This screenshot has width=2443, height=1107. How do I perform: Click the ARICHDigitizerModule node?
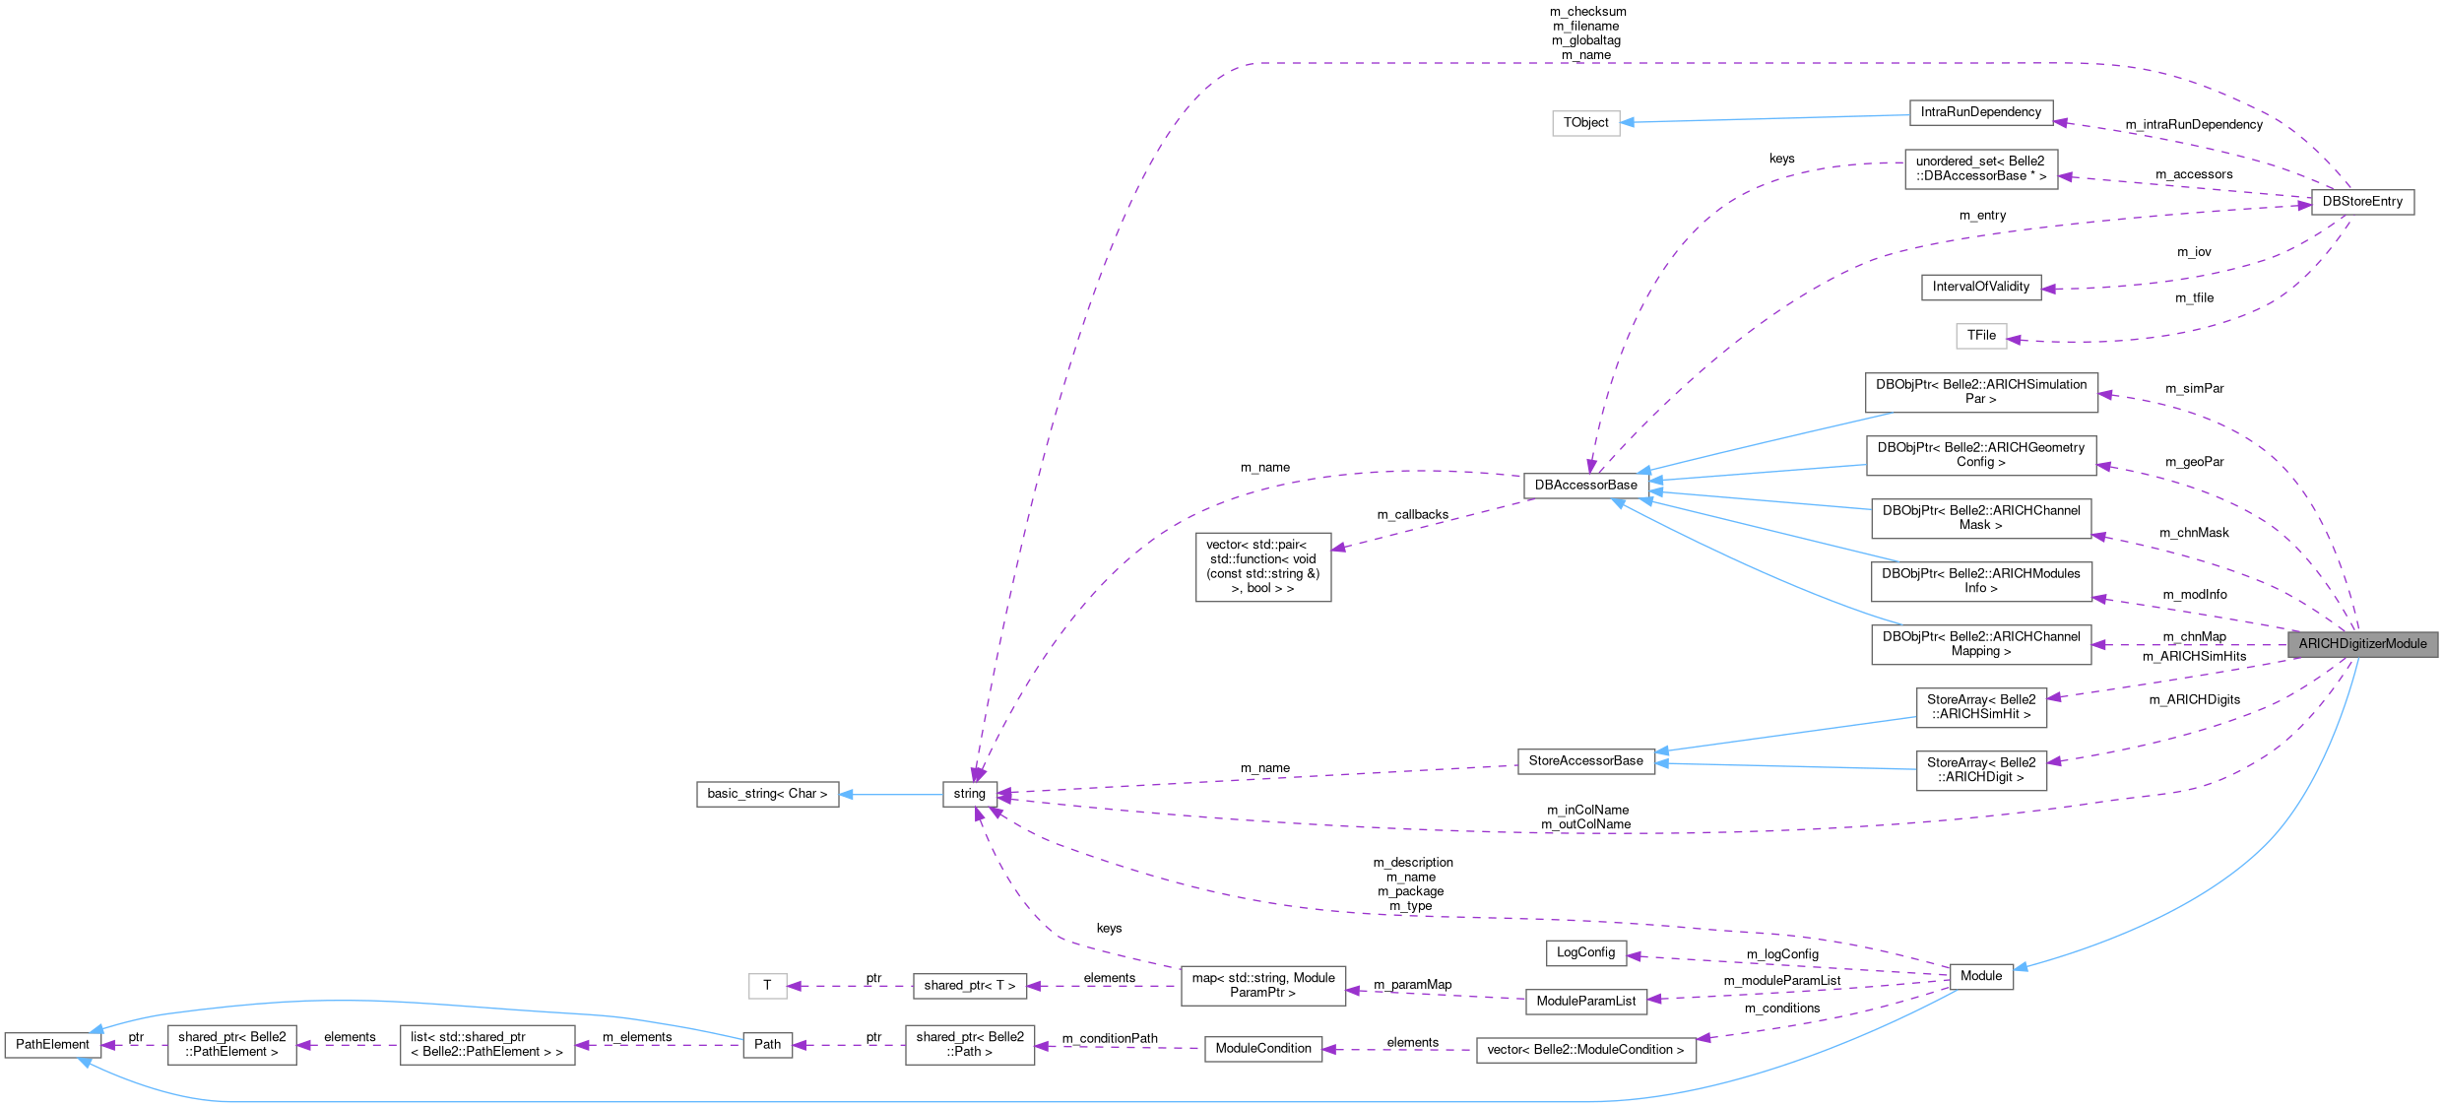2361,644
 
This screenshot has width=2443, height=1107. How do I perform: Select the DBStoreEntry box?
2361,202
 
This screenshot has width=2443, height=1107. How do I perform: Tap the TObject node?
1585,123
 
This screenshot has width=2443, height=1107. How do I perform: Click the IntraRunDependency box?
1980,112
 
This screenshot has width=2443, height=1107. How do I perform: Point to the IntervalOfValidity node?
1980,287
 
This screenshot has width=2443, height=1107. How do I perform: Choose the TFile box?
1980,336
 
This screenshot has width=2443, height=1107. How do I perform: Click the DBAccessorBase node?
1585,485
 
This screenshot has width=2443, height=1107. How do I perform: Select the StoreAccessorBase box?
1585,760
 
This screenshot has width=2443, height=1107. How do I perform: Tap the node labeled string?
969,794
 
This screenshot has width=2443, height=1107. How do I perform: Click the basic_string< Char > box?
767,794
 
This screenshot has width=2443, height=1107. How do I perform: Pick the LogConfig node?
1585,952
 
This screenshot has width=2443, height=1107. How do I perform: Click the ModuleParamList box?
1585,1001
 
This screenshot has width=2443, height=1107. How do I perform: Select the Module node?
1980,976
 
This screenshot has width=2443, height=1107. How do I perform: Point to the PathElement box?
52,1045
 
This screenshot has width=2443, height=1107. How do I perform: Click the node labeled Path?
767,1045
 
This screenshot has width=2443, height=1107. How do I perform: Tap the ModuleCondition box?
1262,1049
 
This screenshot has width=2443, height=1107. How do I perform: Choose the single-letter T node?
767,986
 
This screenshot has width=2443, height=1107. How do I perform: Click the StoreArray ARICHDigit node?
1980,770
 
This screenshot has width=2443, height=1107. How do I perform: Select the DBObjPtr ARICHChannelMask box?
1980,518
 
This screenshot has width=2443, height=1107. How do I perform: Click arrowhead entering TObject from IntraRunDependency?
1628,122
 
